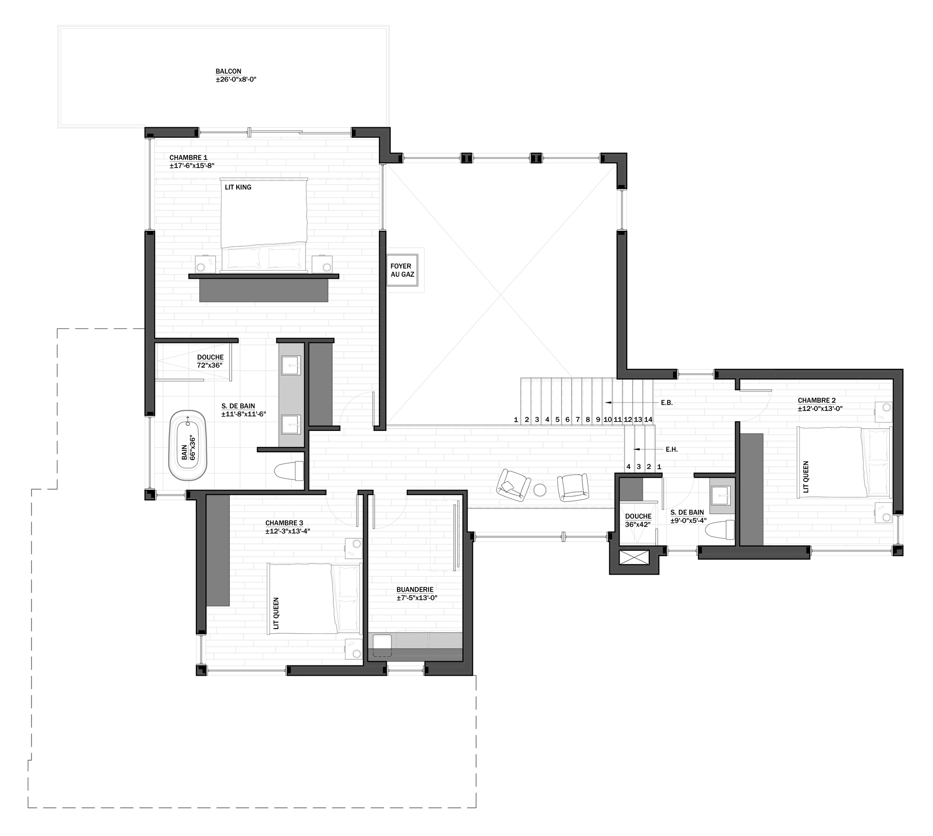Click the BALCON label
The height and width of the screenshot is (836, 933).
pos(228,71)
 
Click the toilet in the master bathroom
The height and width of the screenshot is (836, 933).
pos(289,471)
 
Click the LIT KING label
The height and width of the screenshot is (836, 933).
pos(238,187)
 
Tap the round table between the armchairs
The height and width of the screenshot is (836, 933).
pos(540,490)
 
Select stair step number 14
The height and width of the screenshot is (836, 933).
pos(648,419)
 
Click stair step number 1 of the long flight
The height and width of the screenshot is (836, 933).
pos(516,419)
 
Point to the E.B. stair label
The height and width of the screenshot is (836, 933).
pos(667,403)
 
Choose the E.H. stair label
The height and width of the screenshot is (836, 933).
pos(672,449)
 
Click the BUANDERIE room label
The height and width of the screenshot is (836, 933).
pos(415,590)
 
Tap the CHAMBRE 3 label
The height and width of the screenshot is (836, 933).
pos(284,523)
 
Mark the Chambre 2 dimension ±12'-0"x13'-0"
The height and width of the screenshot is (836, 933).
pos(820,409)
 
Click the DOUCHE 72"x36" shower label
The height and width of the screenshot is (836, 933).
pos(210,361)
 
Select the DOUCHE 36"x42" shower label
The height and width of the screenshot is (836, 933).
pos(638,520)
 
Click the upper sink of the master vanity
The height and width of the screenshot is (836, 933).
pos(291,365)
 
